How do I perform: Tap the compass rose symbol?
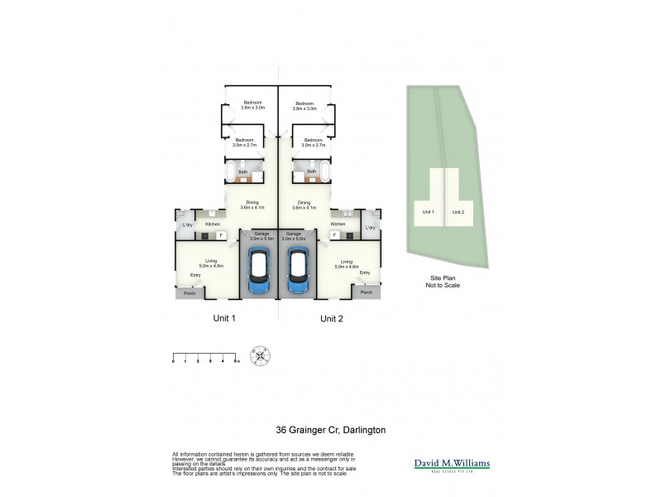tap(262, 356)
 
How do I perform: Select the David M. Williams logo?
tap(452, 465)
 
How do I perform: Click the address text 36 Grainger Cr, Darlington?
tap(330, 430)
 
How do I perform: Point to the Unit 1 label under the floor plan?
tap(224, 318)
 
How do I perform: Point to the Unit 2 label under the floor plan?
tap(332, 318)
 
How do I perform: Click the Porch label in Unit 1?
tap(189, 292)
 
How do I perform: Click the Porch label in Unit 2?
tap(366, 292)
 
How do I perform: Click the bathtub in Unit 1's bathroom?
tap(230, 172)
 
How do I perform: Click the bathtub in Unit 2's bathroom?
tap(325, 172)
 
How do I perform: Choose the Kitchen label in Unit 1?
tap(213, 224)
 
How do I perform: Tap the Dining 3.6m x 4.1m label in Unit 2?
tap(305, 205)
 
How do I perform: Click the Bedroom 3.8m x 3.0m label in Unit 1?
tap(252, 105)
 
